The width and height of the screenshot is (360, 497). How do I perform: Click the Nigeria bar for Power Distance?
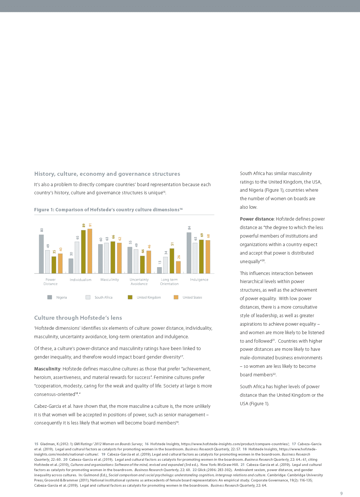click(41, 254)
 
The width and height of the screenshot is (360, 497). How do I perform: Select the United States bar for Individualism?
click(90, 251)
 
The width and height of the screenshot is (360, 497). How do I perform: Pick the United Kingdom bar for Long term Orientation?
click(172, 261)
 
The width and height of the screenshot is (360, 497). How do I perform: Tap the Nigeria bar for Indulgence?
click(189, 253)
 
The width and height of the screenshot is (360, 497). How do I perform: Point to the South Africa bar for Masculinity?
click(107, 258)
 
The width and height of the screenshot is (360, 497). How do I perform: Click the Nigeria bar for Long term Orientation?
click(160, 270)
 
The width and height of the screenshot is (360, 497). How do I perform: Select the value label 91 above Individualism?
click(90, 225)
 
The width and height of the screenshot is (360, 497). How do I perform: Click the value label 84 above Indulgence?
click(189, 228)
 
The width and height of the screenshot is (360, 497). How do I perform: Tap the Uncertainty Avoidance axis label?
click(139, 282)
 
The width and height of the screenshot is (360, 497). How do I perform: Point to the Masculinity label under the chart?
click(110, 280)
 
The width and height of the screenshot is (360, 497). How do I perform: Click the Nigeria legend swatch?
click(50, 297)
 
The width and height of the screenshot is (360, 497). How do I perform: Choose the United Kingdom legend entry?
click(149, 298)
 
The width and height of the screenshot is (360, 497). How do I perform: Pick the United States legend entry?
click(192, 298)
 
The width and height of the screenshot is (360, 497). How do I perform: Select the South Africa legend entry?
click(103, 298)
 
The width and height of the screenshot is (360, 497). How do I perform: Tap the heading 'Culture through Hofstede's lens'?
click(78, 318)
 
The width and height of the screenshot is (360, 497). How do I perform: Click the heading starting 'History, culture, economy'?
click(107, 174)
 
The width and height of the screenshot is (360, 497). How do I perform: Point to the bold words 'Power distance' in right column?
click(257, 219)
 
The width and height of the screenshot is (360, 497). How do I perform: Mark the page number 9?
click(341, 493)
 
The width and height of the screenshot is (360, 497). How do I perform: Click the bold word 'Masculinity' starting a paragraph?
click(47, 369)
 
